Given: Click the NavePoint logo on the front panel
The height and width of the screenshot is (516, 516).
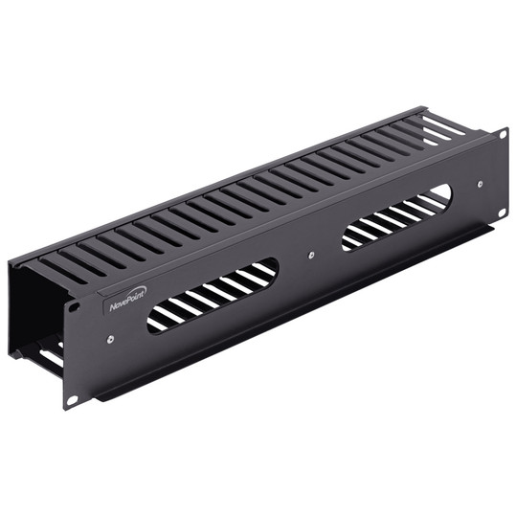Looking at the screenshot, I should click(125, 303).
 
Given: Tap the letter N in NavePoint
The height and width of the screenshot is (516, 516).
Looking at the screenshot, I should click(111, 306).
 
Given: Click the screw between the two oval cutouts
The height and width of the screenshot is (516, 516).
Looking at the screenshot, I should click(312, 257).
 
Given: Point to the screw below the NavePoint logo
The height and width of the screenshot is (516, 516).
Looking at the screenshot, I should click(112, 338).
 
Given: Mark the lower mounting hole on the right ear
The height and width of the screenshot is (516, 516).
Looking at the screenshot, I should click(502, 213).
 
